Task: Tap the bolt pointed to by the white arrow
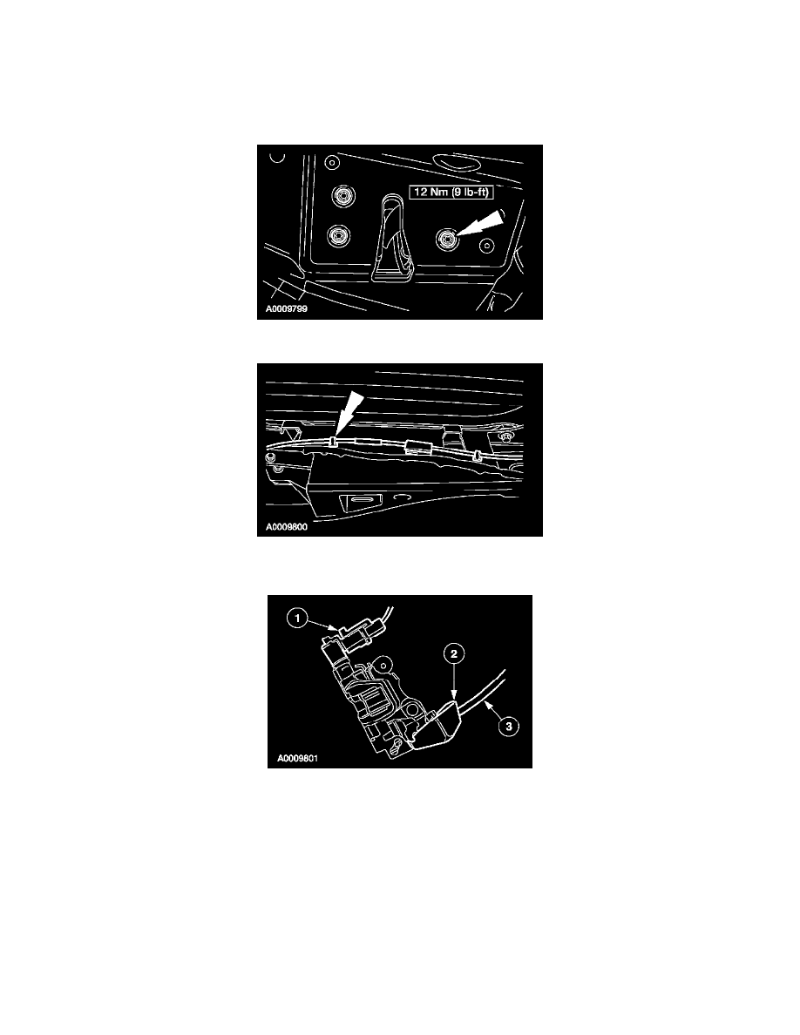[447, 237]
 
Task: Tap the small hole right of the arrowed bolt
[486, 243]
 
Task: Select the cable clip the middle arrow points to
[336, 443]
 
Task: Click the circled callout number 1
[298, 619]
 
